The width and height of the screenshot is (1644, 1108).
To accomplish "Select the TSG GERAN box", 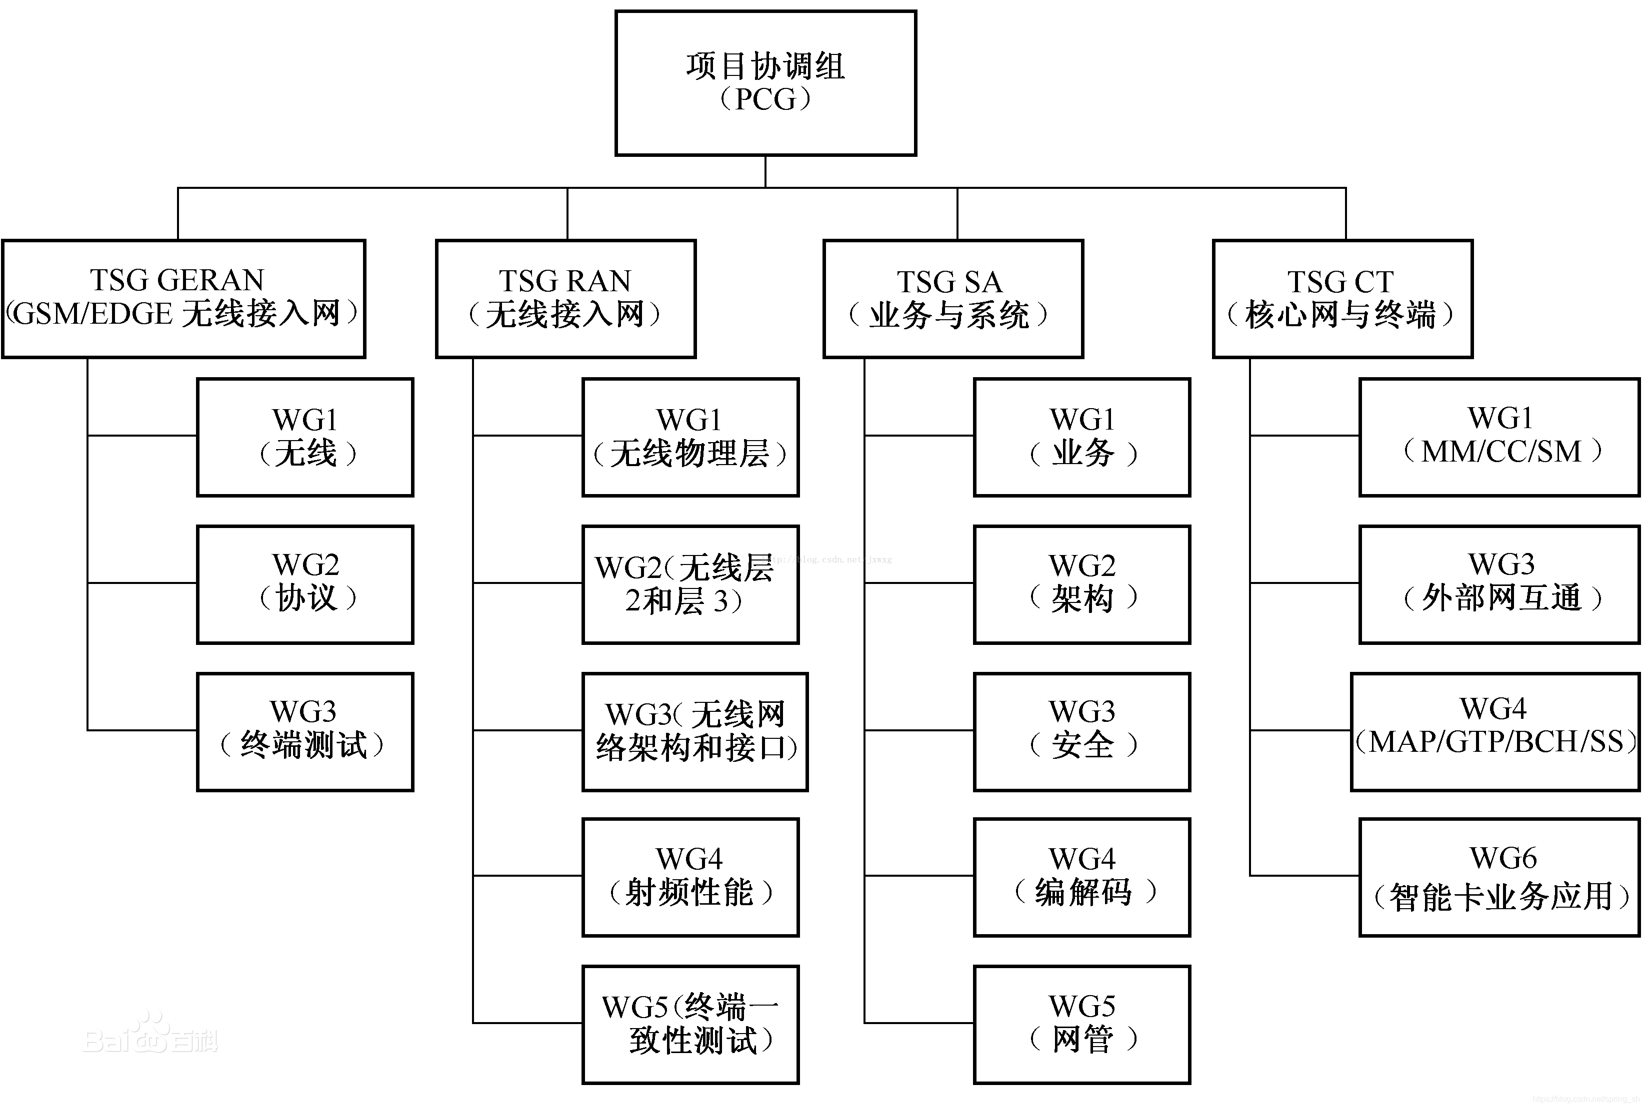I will [183, 298].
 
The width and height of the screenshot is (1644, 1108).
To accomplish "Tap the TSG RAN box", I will [565, 298].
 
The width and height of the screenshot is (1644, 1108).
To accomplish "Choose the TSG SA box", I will [952, 298].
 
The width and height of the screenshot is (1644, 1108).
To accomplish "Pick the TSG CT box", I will [1342, 298].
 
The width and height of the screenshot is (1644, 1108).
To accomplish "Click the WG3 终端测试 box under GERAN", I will [305, 731].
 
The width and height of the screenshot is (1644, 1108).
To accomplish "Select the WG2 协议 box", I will [305, 583].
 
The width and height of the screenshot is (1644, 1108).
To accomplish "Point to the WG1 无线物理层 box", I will [690, 437].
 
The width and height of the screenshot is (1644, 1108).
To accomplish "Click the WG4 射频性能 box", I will [690, 877].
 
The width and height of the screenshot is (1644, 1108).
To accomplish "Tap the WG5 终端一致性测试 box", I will [690, 1024].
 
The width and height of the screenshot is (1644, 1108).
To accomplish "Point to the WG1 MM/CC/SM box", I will [1498, 437].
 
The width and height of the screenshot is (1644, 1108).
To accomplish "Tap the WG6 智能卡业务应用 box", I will [1498, 877].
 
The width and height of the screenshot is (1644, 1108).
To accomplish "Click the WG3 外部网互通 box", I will [1498, 583].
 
